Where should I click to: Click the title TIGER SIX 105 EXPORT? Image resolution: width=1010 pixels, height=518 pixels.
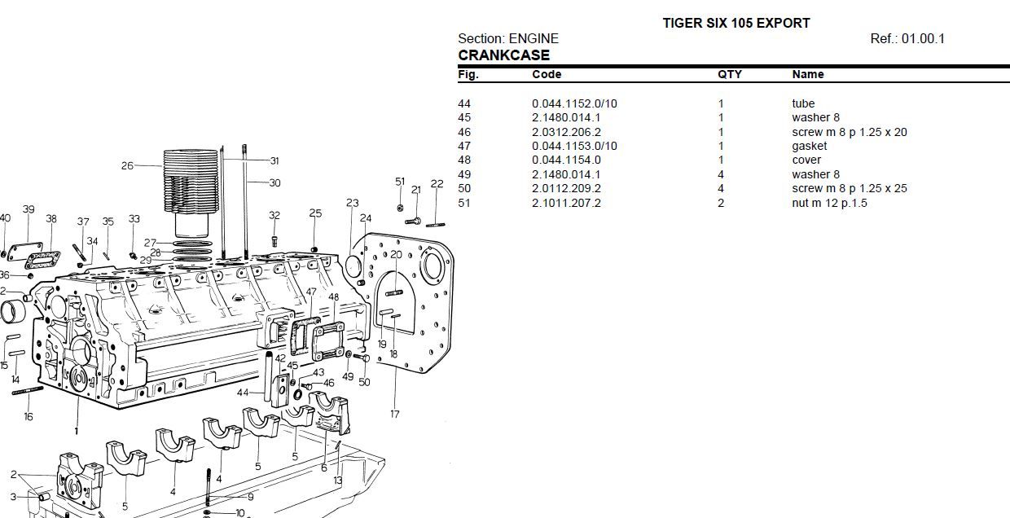[x=736, y=23]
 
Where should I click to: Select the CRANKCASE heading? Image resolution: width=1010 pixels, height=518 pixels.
[x=503, y=55]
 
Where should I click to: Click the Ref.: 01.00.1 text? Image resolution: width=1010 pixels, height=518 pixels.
[x=907, y=38]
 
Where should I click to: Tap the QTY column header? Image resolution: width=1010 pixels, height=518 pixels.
[x=729, y=74]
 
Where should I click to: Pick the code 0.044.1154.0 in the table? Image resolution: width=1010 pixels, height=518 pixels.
[x=566, y=160]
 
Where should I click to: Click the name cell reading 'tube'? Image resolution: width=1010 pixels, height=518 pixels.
[x=803, y=103]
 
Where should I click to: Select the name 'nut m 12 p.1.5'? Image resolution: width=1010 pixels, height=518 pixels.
[x=829, y=203]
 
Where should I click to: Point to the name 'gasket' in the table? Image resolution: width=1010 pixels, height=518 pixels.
[x=809, y=146]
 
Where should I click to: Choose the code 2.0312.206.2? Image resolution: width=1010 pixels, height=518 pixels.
[x=566, y=132]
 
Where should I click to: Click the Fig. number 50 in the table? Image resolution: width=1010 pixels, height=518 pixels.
[x=464, y=188]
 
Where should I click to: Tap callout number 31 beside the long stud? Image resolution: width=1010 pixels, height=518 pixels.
[x=274, y=160]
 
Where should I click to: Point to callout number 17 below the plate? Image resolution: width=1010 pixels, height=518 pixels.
[x=395, y=414]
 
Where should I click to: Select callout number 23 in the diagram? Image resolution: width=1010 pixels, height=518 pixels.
[x=352, y=203]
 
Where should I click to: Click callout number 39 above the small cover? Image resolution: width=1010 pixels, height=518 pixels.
[x=29, y=209]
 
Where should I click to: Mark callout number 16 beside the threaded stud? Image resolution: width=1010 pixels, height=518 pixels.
[x=29, y=416]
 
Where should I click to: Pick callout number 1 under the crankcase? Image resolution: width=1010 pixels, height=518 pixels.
[x=77, y=430]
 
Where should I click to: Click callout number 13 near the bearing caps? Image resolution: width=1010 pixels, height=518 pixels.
[x=338, y=481]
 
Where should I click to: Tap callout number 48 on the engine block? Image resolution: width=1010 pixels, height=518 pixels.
[x=334, y=297]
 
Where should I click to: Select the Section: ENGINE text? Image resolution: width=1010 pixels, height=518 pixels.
[x=507, y=38]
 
